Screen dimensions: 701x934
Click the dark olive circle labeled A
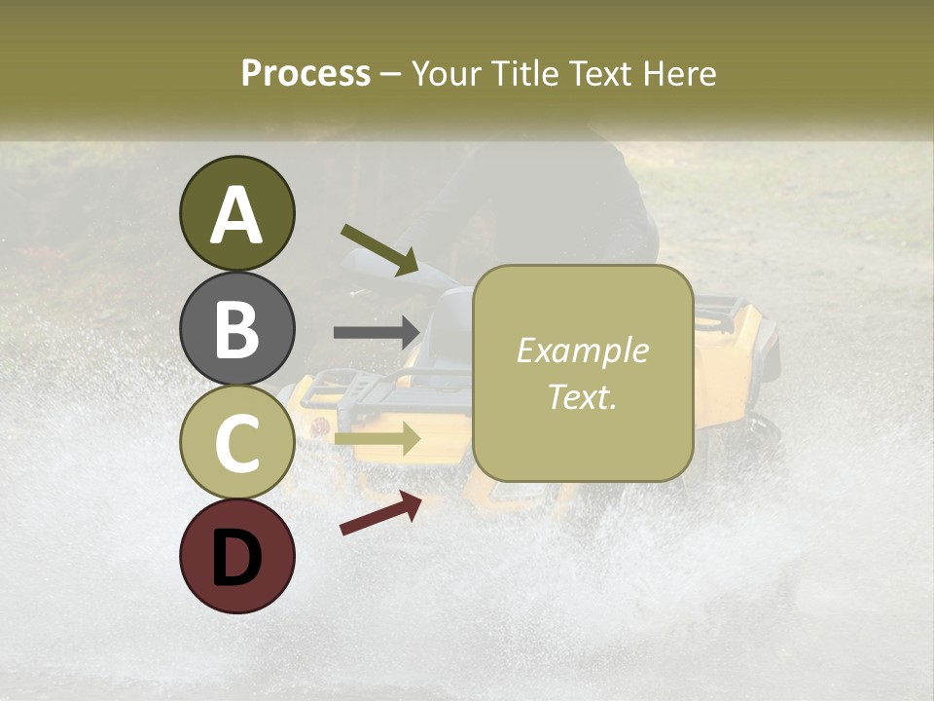click(x=236, y=213)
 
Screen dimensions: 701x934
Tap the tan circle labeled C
click(x=236, y=442)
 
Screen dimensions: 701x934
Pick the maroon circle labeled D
click(x=236, y=556)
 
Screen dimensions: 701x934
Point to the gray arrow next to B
click(x=377, y=332)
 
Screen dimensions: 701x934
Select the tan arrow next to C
click(x=377, y=438)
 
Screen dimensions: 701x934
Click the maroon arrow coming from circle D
click(x=380, y=513)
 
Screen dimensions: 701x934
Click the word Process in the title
click(x=305, y=73)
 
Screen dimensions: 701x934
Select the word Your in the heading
click(x=446, y=73)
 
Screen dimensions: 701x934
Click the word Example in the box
click(x=582, y=350)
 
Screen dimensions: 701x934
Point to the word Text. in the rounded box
click(x=582, y=396)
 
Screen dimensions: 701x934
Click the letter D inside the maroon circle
click(x=236, y=558)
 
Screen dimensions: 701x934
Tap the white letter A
click(x=236, y=215)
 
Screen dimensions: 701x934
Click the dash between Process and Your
click(x=391, y=74)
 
